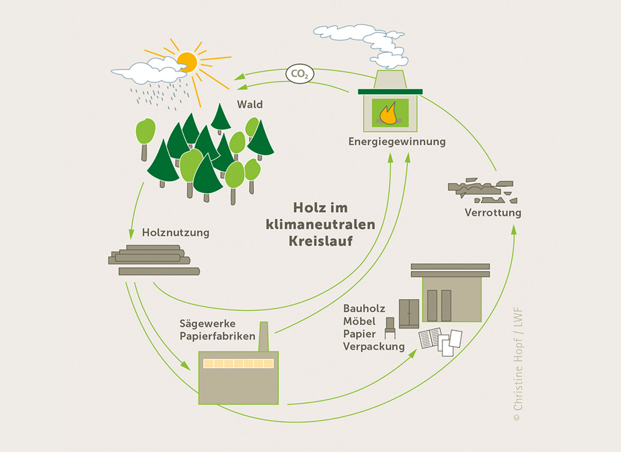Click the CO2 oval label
(300, 74)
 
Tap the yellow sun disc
(187, 62)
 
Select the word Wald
(250, 104)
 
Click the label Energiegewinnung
(397, 142)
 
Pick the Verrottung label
(493, 213)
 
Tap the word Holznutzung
(176, 232)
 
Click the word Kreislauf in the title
(320, 241)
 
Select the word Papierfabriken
(218, 336)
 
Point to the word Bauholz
(364, 309)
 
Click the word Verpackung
(374, 346)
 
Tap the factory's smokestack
(263, 337)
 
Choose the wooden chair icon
(390, 328)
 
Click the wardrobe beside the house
(409, 314)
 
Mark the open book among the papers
(430, 338)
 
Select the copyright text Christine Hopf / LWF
(518, 364)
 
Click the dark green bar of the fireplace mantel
(390, 92)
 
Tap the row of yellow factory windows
(239, 363)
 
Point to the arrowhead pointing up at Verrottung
(514, 229)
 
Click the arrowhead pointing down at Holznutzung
(131, 234)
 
